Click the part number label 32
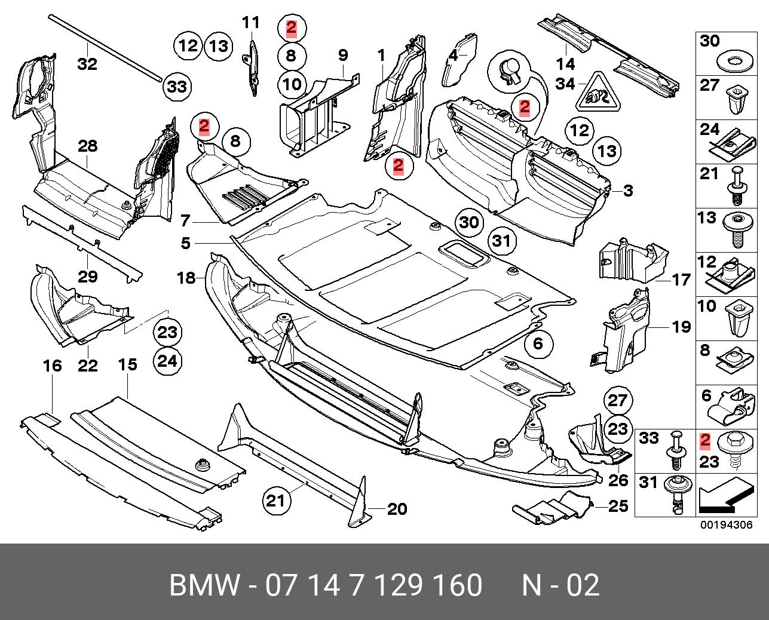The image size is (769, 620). point(87,63)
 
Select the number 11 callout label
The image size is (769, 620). point(251,23)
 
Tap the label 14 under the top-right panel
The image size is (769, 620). point(565,63)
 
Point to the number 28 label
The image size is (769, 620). point(87,146)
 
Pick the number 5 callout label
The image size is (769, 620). point(185,243)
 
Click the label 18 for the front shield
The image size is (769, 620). point(186,278)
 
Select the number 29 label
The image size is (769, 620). point(87,277)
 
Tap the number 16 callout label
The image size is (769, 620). point(53,365)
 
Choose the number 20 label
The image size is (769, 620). point(397,509)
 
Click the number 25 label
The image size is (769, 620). point(618,506)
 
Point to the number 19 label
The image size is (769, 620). point(681,327)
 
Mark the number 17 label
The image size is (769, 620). point(681,279)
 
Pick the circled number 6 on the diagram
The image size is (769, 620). point(537,343)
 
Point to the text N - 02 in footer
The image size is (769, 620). point(560,585)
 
